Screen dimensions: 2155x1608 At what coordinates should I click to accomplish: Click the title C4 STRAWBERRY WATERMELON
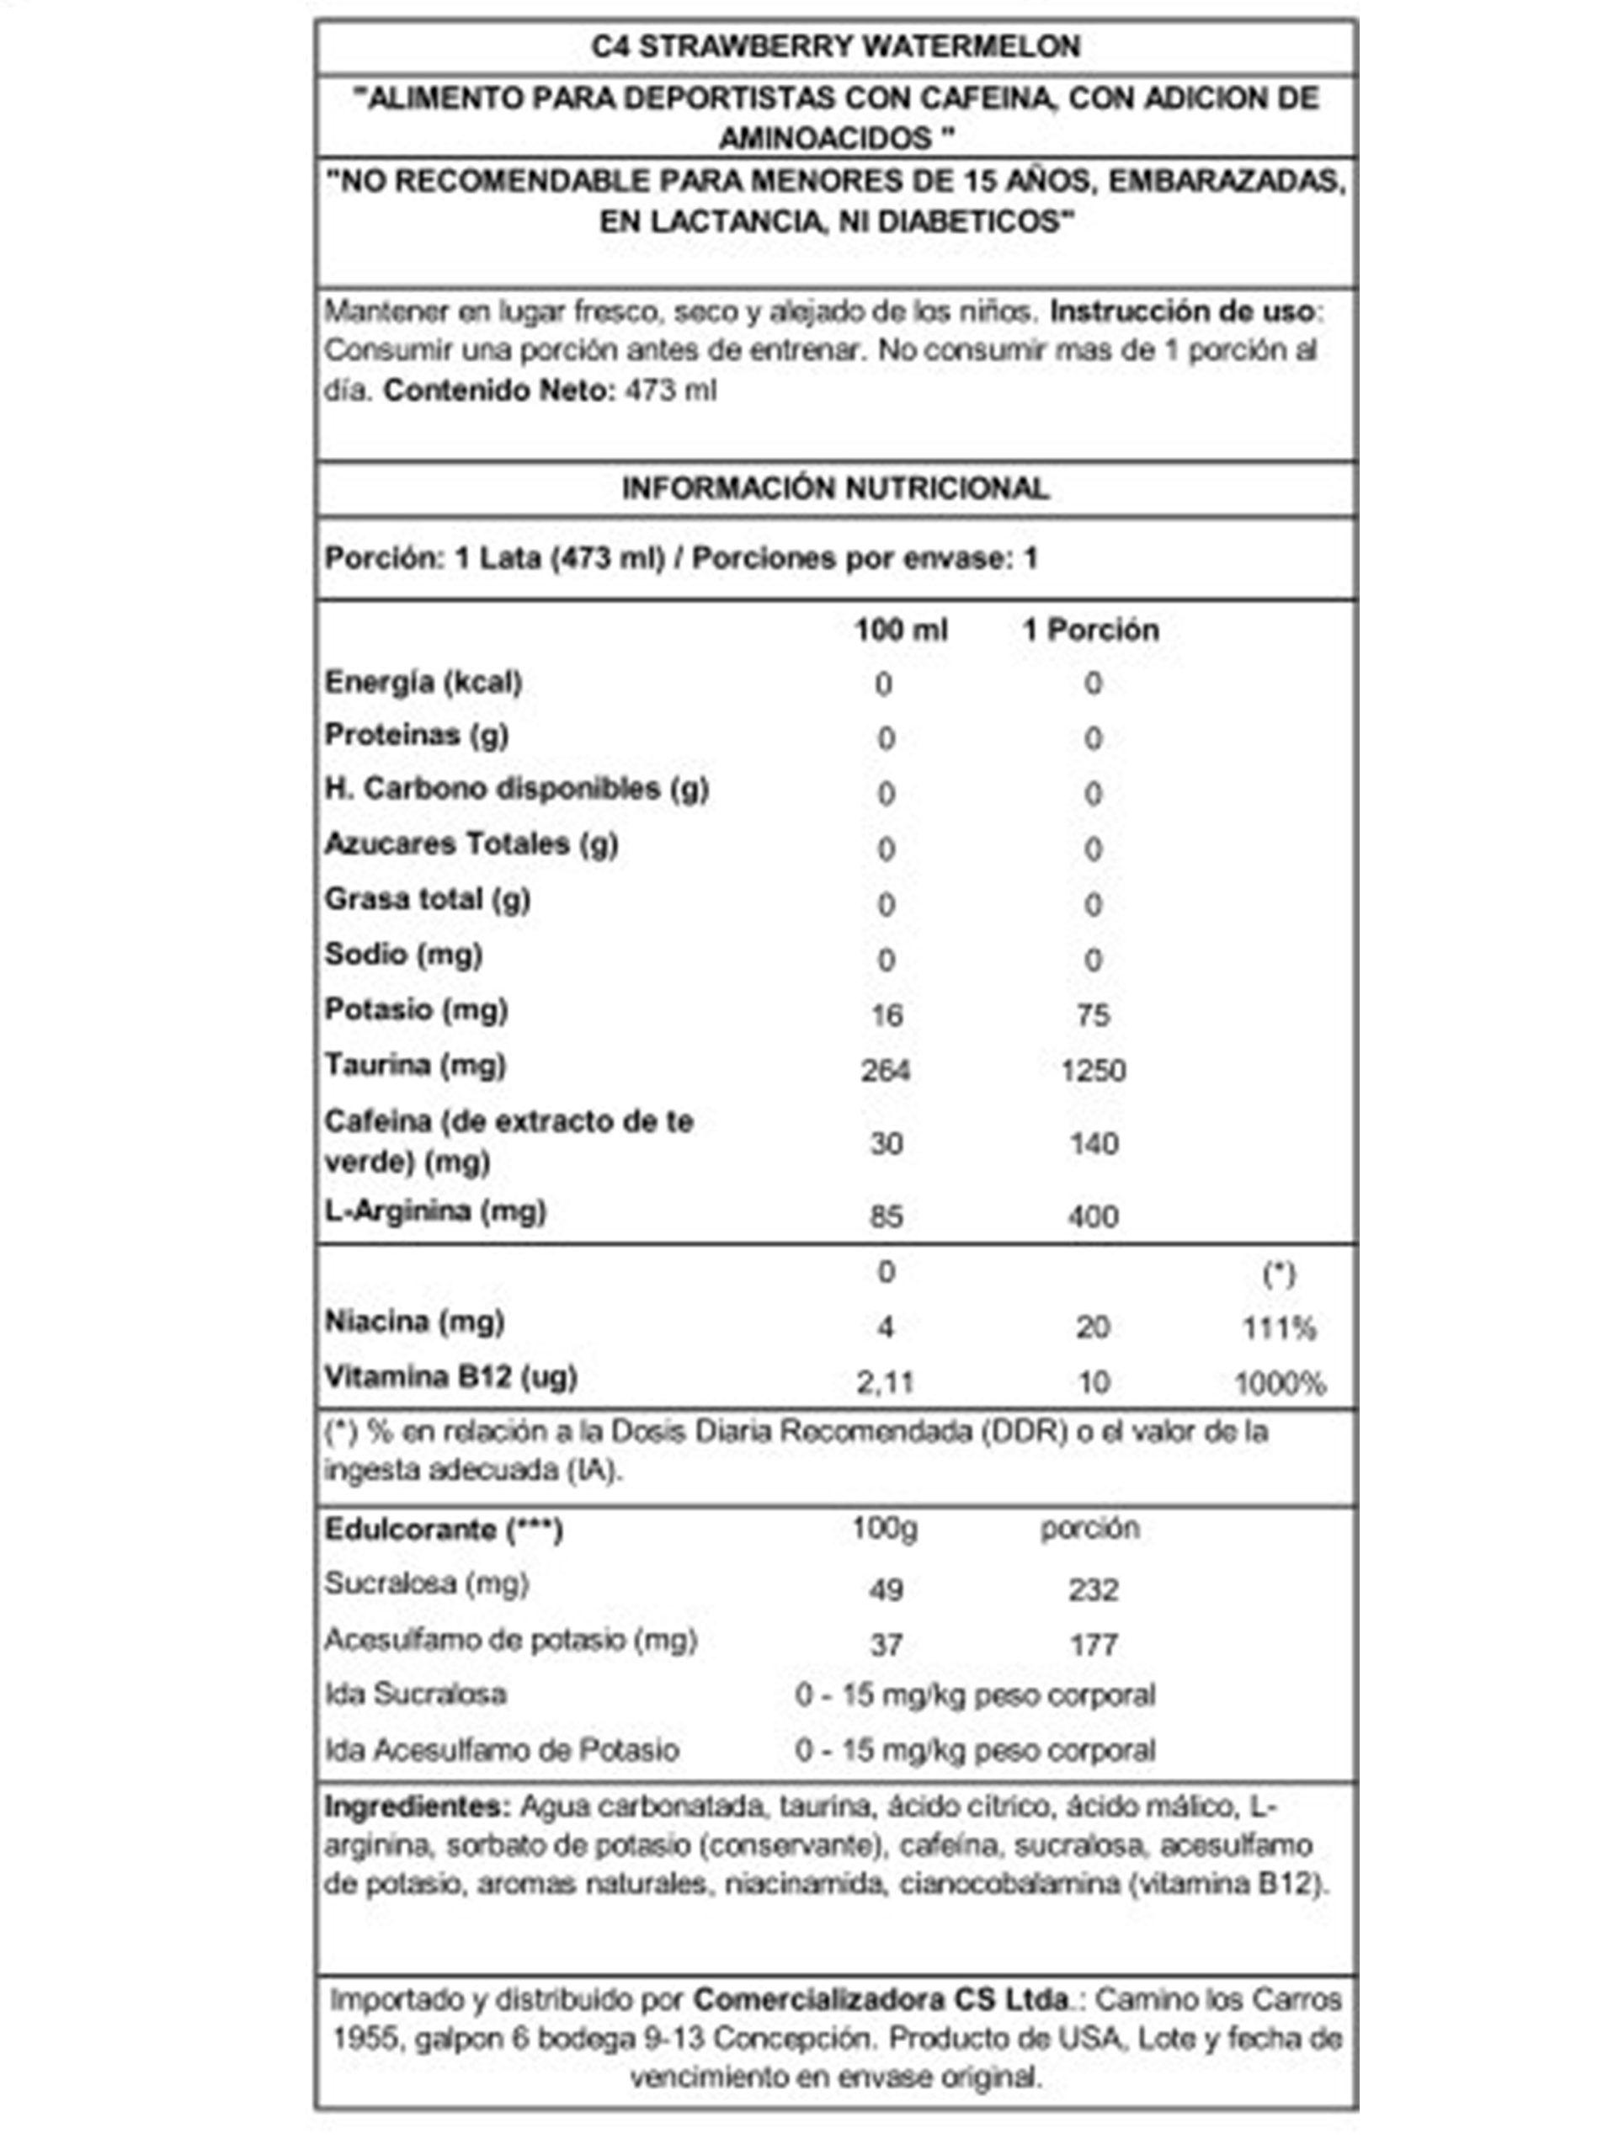tap(835, 45)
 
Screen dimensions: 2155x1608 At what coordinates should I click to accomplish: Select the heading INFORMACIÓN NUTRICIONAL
tap(835, 487)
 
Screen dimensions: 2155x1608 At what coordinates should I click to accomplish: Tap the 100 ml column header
tap(900, 630)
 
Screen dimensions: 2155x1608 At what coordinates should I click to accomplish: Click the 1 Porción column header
tap(1090, 630)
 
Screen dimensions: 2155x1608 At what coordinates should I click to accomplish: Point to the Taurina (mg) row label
tap(416, 1065)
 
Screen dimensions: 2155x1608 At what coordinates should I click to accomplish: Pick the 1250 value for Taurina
tap(1093, 1071)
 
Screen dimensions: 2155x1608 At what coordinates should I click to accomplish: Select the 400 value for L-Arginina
tap(1093, 1216)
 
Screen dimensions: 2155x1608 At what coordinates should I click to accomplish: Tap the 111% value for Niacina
tap(1278, 1328)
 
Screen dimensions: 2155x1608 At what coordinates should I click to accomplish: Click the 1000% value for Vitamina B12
tap(1279, 1383)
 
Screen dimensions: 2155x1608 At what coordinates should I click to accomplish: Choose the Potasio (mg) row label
tap(417, 1009)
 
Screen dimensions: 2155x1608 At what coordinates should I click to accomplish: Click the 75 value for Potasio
tap(1093, 1015)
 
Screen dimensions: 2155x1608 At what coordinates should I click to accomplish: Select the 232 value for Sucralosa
tap(1093, 1589)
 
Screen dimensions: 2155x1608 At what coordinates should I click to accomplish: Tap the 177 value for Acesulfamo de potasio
tap(1093, 1645)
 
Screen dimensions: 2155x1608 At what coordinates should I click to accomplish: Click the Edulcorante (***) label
tap(444, 1530)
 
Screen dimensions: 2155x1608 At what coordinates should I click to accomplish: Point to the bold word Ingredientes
tap(417, 1806)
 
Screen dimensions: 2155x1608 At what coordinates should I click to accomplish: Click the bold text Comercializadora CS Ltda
tap(881, 1999)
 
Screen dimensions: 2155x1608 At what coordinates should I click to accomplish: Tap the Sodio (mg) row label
tap(404, 954)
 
